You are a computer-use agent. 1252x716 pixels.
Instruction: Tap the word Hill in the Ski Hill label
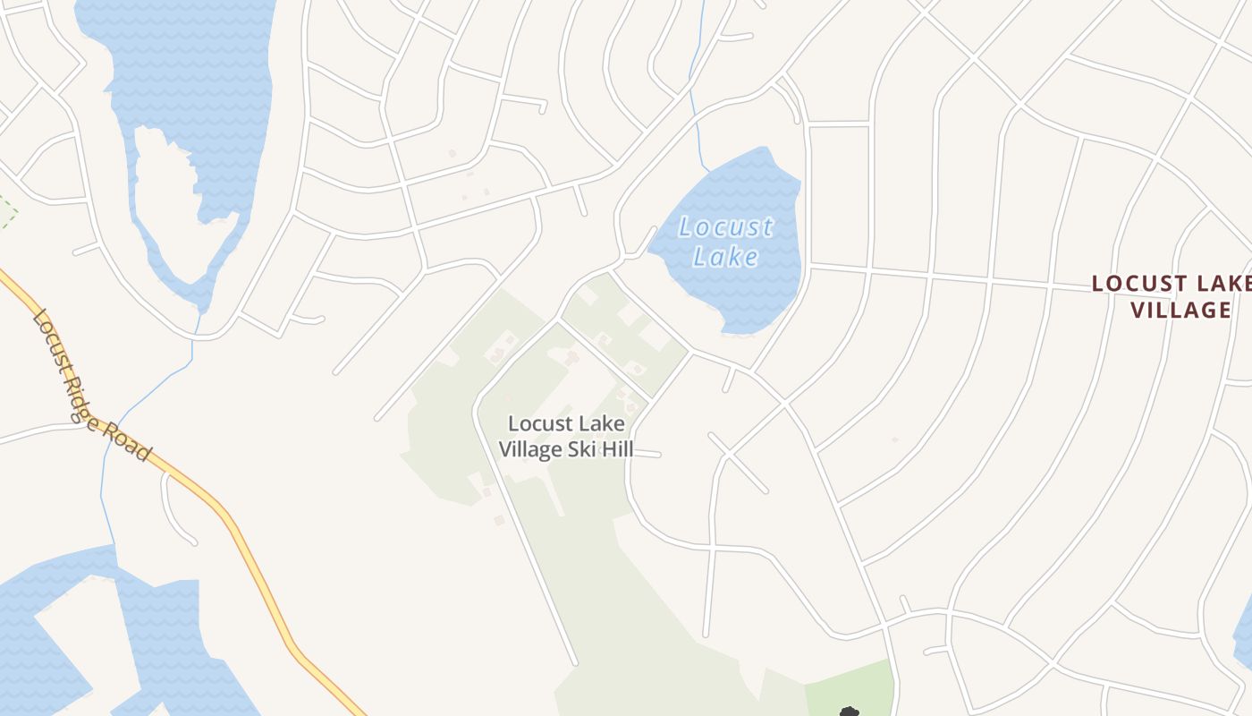point(616,449)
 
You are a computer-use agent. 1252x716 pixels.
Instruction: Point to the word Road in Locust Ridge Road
point(129,440)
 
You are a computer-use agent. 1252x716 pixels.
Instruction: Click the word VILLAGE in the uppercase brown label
point(1180,310)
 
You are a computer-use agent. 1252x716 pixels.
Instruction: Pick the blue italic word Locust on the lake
point(725,227)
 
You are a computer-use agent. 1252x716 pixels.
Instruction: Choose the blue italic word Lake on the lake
point(725,257)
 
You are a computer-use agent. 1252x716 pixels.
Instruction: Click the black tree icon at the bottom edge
point(848,712)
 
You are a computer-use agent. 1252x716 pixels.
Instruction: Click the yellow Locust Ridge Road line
point(259,573)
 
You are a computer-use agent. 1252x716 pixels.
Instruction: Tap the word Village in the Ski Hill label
point(531,449)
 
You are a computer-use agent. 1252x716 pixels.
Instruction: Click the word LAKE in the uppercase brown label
point(1226,284)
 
